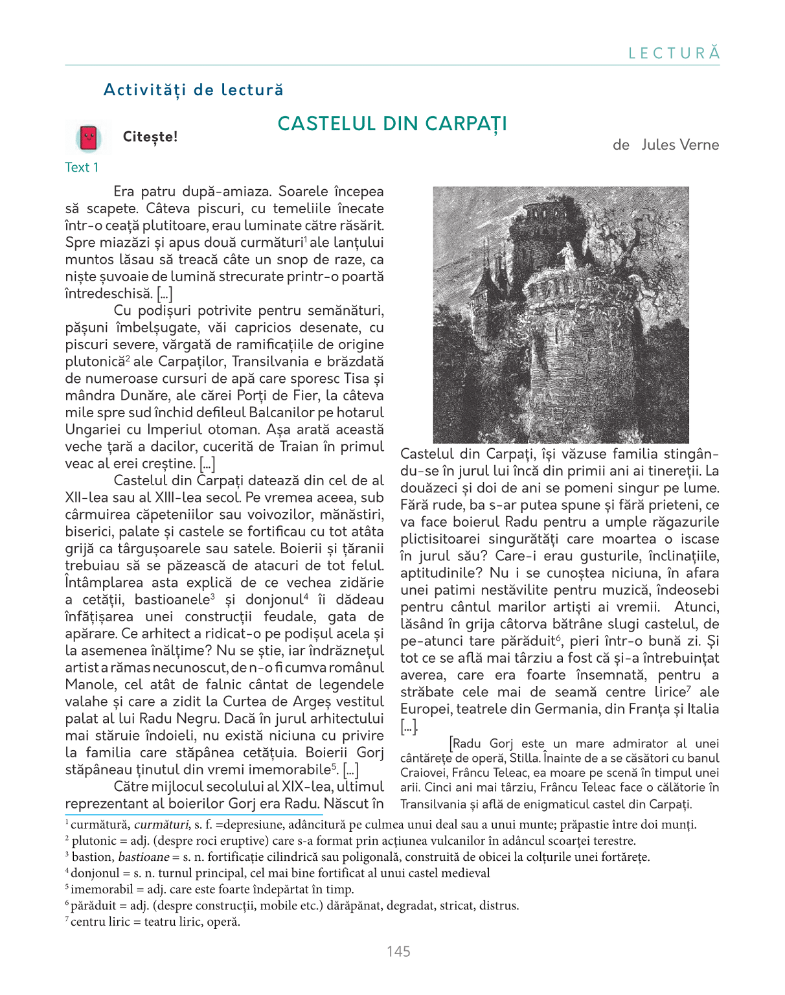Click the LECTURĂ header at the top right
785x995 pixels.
pyautogui.click(x=674, y=53)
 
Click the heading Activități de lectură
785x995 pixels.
pyautogui.click(x=194, y=89)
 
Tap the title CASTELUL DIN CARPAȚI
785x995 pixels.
pyautogui.click(x=392, y=123)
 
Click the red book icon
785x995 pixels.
pyautogui.click(x=89, y=138)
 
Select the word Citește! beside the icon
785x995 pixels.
pyautogui.click(x=150, y=137)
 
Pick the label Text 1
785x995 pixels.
pyautogui.click(x=82, y=167)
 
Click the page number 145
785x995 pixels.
pyautogui.click(x=398, y=951)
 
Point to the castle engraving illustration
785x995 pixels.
pyautogui.click(x=561, y=315)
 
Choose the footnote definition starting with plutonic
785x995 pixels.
pyautogui.click(x=350, y=841)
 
